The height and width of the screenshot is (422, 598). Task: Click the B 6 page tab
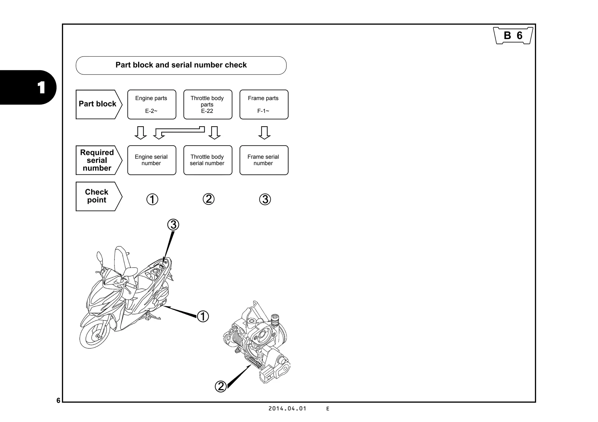tap(513, 36)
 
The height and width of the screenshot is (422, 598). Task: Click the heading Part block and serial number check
tap(181, 65)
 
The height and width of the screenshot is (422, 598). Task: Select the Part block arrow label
tap(98, 104)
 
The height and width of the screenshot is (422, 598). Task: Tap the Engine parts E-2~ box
tap(152, 104)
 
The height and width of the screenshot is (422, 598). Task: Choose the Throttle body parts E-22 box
tap(208, 104)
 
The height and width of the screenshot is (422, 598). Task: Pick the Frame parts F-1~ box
tap(264, 104)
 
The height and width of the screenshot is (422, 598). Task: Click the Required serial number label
tap(97, 160)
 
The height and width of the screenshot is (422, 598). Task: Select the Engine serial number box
tap(152, 160)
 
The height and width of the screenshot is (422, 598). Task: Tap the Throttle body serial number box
tap(208, 160)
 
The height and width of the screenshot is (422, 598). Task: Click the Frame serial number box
tap(264, 160)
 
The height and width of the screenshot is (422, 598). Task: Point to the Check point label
tap(97, 196)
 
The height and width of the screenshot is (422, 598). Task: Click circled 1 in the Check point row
tap(152, 199)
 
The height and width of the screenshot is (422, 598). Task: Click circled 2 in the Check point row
tap(208, 199)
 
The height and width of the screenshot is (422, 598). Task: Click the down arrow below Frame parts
tap(264, 133)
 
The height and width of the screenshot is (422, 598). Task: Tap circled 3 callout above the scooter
tap(173, 225)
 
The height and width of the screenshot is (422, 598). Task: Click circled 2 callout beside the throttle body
tap(221, 386)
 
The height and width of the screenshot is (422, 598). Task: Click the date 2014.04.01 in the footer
tap(287, 409)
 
